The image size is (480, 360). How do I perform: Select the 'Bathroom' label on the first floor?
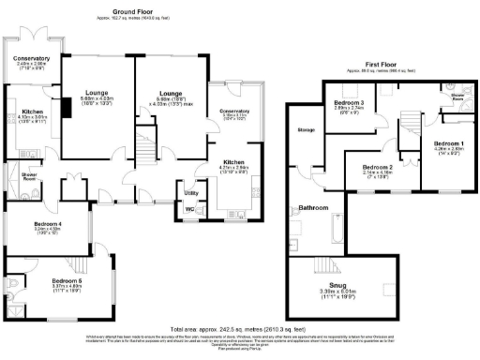pyautogui.click(x=314, y=207)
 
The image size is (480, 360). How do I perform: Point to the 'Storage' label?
pyautogui.click(x=305, y=129)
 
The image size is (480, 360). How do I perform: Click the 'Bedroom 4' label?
pyautogui.click(x=46, y=222)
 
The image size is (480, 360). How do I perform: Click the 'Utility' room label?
pyautogui.click(x=191, y=192)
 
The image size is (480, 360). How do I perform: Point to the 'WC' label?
pyautogui.click(x=190, y=209)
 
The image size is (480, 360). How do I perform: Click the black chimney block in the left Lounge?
pyautogui.click(x=66, y=108)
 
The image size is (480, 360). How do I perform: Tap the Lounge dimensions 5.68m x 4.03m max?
pyautogui.click(x=170, y=104)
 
